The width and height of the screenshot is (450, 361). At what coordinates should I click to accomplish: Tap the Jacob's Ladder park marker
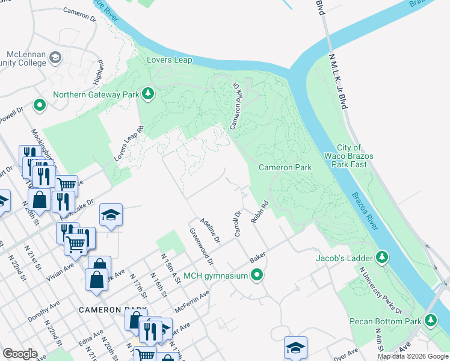(381, 258)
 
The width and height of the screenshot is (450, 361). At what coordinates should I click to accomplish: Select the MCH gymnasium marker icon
(257, 276)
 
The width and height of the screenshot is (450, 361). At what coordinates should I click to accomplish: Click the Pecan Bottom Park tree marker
(430, 319)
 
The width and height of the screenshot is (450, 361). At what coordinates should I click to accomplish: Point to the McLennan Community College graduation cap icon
(55, 58)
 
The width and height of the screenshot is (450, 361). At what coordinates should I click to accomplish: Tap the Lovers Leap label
(169, 60)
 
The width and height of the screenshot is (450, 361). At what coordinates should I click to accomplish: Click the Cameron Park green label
(285, 167)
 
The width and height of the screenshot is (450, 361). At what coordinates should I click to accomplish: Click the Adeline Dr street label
(211, 230)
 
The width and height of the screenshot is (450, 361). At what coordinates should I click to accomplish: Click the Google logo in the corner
(20, 354)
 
